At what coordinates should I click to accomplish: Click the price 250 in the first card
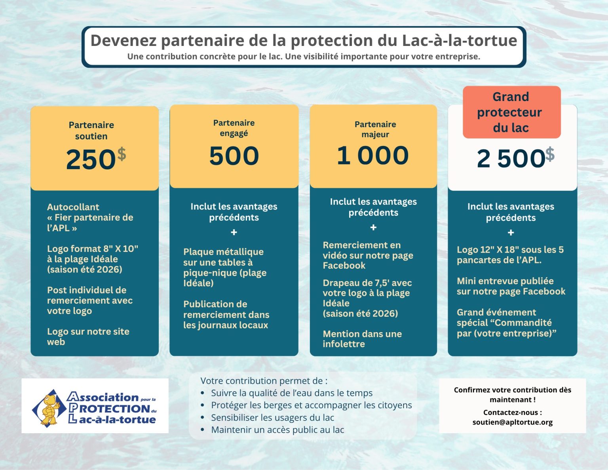pos(91,160)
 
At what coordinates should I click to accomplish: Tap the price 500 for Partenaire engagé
pos(234,156)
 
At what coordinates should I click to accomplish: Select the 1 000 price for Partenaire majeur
pos(372,155)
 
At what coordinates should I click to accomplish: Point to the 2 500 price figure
pos(511,159)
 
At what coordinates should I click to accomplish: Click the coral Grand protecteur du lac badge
pos(511,112)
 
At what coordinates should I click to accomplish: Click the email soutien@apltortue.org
pos(512,422)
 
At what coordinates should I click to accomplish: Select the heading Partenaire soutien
pos(91,131)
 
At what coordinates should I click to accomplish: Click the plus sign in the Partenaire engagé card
pos(234,232)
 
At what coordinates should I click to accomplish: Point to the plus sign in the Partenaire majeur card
pos(373,228)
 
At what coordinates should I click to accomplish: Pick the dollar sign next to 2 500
pos(550,154)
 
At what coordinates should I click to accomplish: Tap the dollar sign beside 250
pos(122,154)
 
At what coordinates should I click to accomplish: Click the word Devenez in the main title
pos(123,41)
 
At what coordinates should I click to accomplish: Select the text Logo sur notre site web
pos(88,337)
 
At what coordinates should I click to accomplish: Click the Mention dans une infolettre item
pos(362,339)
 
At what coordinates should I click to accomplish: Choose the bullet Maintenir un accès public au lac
pos(277,430)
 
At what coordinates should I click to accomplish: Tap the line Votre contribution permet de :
pos(264,381)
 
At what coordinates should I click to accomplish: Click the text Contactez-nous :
pos(512,412)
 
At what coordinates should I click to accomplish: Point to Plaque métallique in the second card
pos(223,252)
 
